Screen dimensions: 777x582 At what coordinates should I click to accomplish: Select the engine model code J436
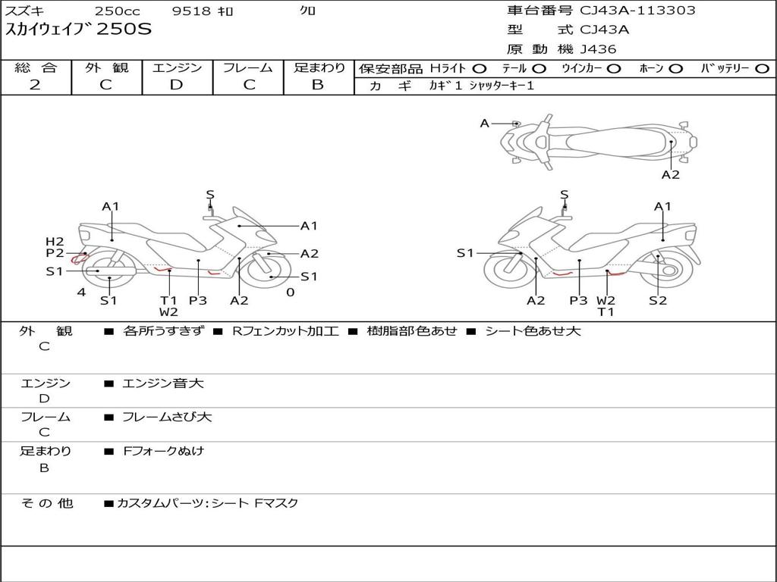point(598,49)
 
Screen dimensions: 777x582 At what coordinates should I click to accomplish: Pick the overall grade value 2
point(35,85)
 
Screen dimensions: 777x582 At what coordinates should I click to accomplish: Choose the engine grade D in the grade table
point(177,85)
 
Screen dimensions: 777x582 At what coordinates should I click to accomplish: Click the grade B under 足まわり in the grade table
point(318,85)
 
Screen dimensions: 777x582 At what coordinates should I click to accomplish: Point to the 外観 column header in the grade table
point(106,68)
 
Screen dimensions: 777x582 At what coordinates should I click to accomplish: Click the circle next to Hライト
point(480,69)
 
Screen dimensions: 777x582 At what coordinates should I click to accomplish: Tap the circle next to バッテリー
point(762,69)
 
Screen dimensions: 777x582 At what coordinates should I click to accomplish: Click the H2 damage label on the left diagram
point(55,242)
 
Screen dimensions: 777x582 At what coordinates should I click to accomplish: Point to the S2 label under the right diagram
point(657,300)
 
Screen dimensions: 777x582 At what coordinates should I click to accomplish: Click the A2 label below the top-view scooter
point(670,175)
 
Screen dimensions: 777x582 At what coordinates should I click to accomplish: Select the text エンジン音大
point(162,383)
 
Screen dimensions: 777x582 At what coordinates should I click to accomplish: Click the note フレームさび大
point(167,417)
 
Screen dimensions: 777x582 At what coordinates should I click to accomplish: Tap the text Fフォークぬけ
point(164,451)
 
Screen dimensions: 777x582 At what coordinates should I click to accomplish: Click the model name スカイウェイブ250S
point(79,30)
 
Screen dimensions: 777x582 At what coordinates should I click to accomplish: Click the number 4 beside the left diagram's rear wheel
point(80,292)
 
